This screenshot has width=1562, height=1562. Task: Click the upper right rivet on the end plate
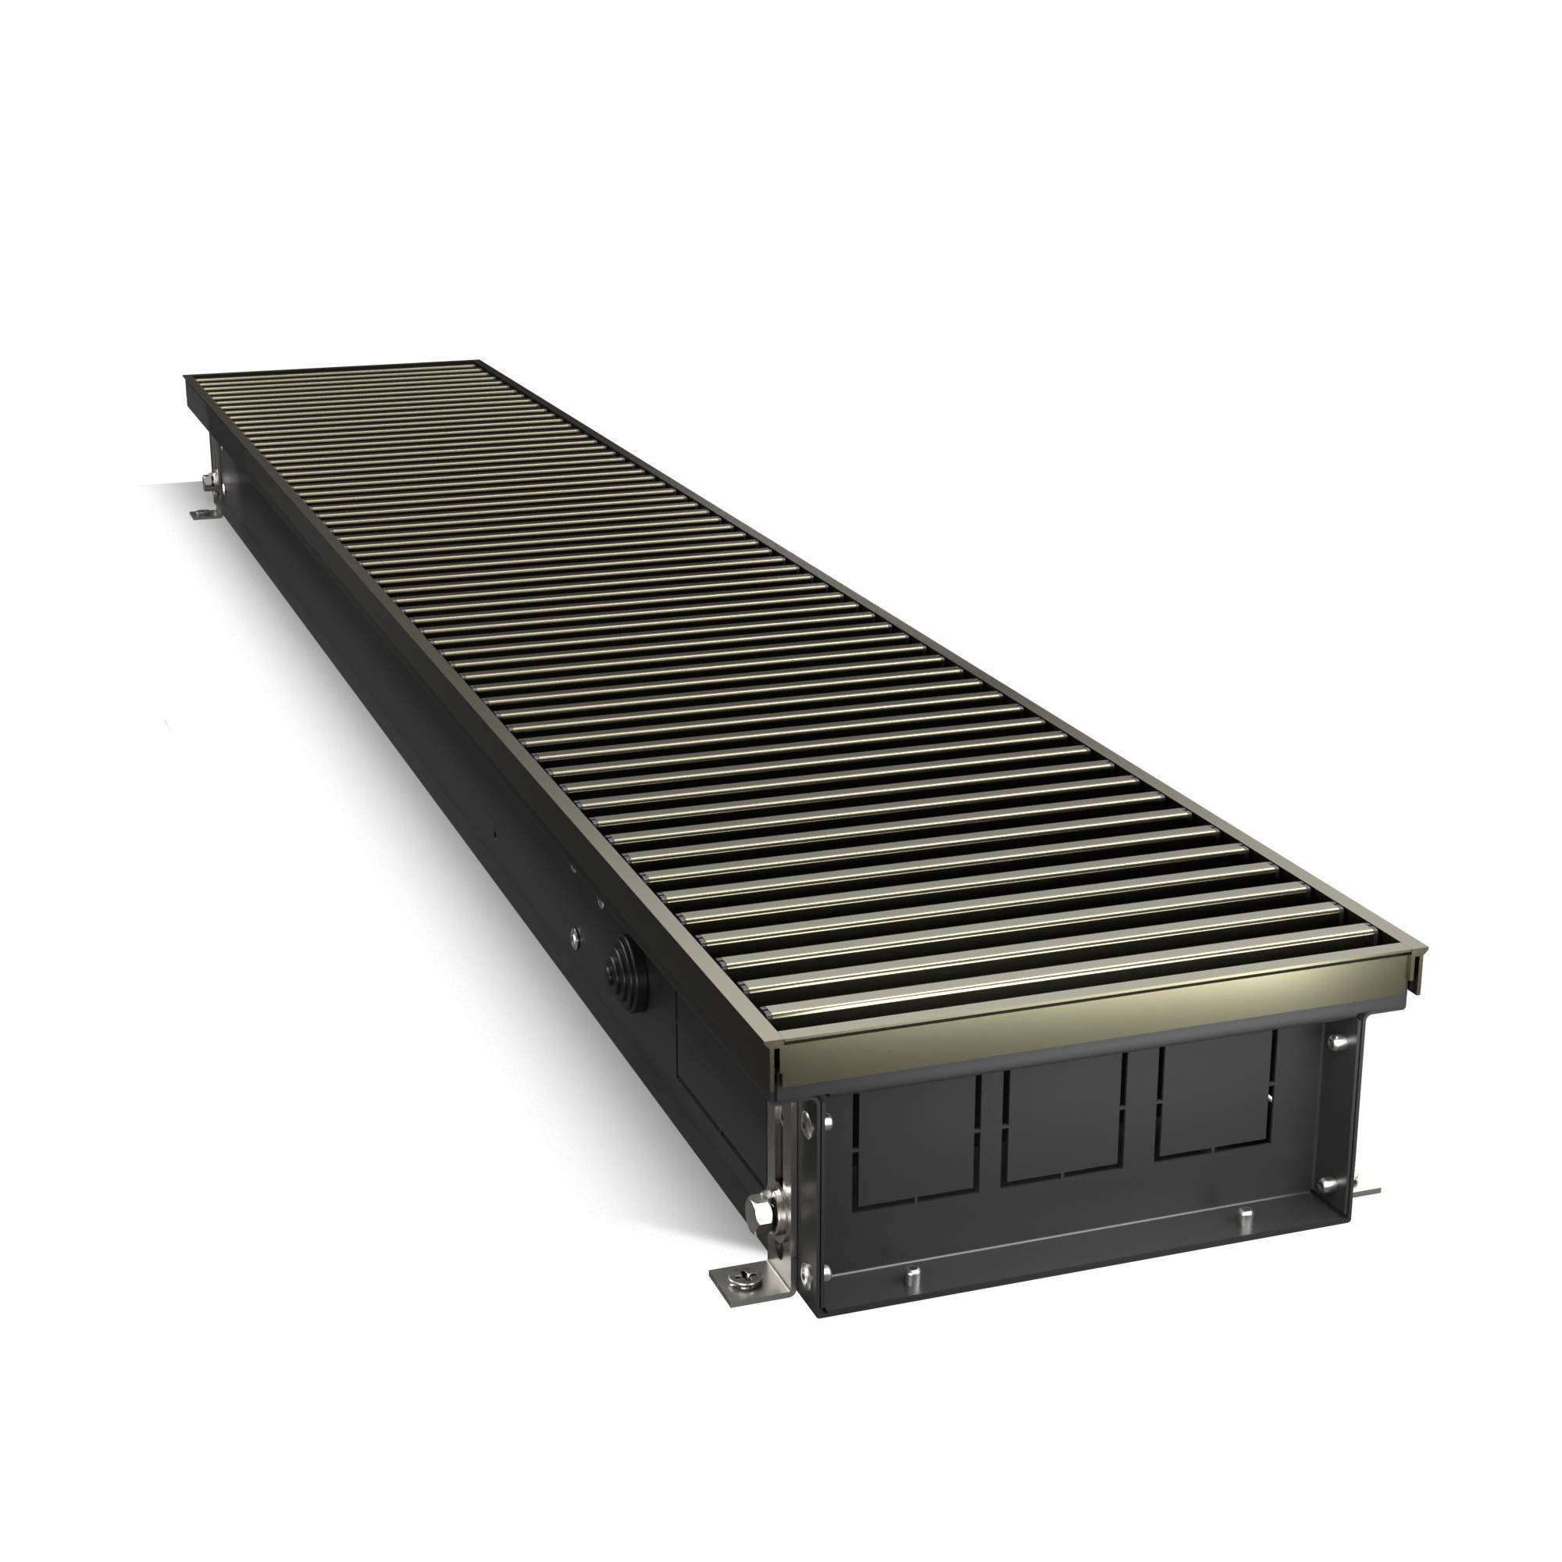point(1335,1043)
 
